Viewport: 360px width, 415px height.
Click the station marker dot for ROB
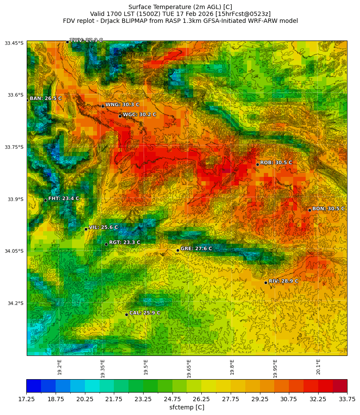pos(257,164)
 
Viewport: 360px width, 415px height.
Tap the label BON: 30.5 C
pos(328,209)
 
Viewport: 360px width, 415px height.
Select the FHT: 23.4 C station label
pos(63,199)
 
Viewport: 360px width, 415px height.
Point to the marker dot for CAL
pos(126,314)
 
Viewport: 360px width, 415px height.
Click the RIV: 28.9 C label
pos(283,281)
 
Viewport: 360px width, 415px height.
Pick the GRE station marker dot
pos(178,250)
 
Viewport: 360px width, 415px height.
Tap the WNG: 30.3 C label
pos(122,105)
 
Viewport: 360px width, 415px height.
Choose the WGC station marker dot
pos(120,116)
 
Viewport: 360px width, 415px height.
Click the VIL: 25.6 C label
pos(103,227)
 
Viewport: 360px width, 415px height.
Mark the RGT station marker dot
pos(106,244)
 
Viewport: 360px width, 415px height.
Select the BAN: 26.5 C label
pos(45,99)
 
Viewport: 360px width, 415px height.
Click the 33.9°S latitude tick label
pos(14,199)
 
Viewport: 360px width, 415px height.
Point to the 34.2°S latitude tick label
pos(14,303)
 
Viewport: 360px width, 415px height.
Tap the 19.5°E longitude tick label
pos(146,367)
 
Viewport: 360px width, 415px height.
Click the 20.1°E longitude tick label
pos(318,367)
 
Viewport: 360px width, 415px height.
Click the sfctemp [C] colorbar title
pos(187,407)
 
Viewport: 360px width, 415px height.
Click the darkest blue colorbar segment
pos(34,386)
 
